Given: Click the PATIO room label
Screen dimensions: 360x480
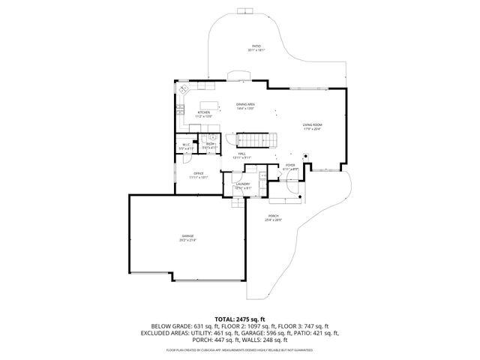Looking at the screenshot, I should pyautogui.click(x=256, y=46).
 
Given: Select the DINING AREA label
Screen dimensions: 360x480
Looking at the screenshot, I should pyautogui.click(x=246, y=104).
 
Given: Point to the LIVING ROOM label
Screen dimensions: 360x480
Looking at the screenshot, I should pyautogui.click(x=313, y=124).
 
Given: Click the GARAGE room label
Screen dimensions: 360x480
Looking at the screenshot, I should pyautogui.click(x=187, y=236).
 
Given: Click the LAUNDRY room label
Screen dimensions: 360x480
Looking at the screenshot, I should pyautogui.click(x=242, y=183).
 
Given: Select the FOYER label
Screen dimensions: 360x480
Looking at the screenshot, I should pyautogui.click(x=290, y=165).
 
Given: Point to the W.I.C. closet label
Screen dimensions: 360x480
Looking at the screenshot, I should pyautogui.click(x=186, y=145).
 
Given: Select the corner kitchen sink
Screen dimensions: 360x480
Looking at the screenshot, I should pyautogui.click(x=184, y=89).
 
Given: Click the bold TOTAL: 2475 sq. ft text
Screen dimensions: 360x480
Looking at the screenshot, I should pyautogui.click(x=241, y=319).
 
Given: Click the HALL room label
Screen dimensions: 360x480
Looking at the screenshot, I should pyautogui.click(x=241, y=154).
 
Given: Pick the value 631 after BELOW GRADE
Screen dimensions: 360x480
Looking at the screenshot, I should pyautogui.click(x=199, y=326).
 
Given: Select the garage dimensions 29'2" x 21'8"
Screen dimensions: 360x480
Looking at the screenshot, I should pyautogui.click(x=187, y=241).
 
